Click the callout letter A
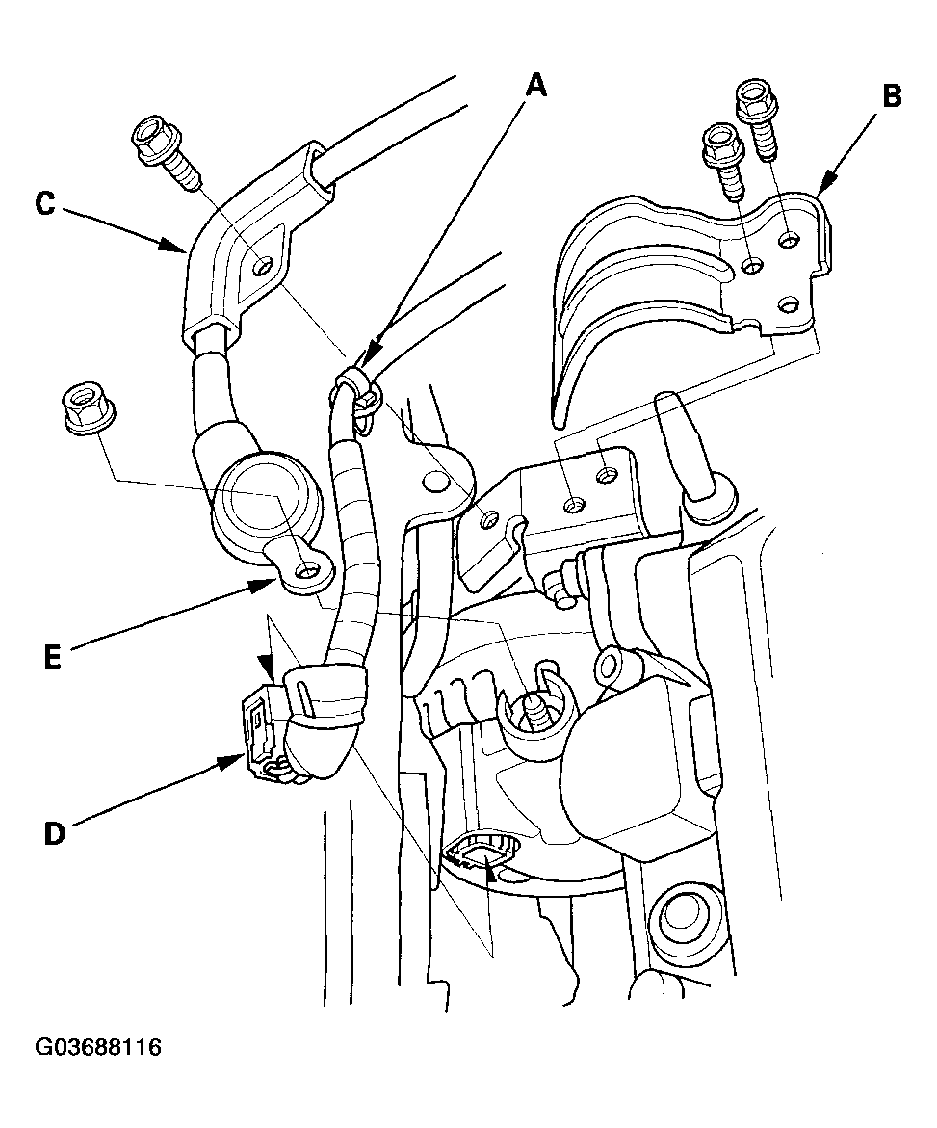click(536, 87)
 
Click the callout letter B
click(892, 95)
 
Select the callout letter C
click(45, 203)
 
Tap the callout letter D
click(54, 833)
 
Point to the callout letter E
click(53, 658)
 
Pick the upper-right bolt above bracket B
click(758, 118)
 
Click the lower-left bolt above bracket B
click(722, 161)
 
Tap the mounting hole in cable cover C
click(263, 267)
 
